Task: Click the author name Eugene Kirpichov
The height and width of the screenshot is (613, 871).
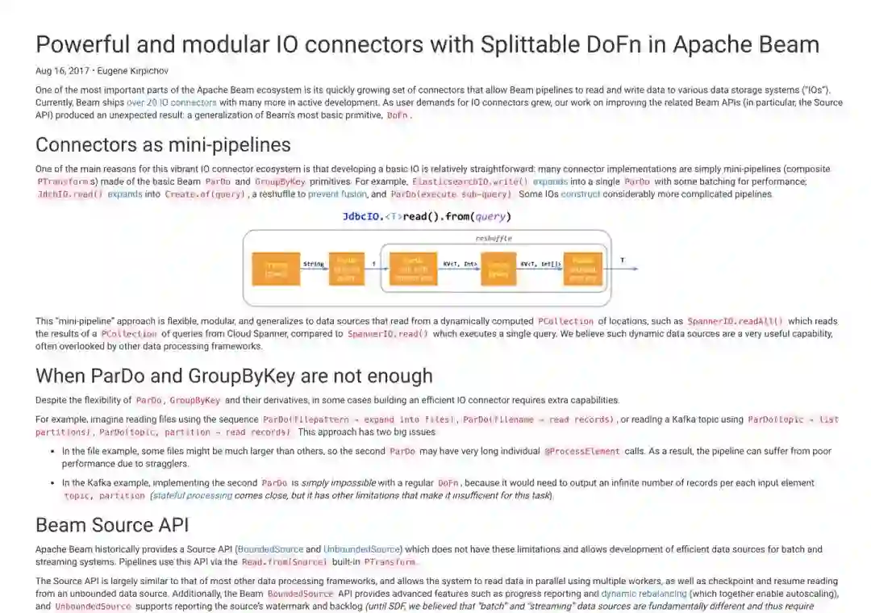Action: tap(134, 71)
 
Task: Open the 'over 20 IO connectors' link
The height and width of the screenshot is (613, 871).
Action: tap(170, 103)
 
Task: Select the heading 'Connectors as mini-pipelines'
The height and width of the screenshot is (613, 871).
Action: tap(163, 145)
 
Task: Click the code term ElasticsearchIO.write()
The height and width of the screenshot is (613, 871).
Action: tap(470, 182)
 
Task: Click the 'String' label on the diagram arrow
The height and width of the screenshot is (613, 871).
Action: tap(313, 263)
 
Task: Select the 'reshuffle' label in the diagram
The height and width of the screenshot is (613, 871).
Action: tap(493, 239)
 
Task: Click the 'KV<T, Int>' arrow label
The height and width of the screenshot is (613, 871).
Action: tap(460, 263)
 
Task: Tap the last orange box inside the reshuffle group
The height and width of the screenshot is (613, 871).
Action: tap(582, 269)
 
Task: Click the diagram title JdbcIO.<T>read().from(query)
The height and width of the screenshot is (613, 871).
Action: tap(427, 216)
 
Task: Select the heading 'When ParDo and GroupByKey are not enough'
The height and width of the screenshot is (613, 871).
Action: tap(234, 376)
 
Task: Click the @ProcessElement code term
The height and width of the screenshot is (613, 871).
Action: tap(581, 452)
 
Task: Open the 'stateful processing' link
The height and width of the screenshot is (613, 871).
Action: tap(192, 496)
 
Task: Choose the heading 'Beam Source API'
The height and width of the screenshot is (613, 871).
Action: tap(112, 525)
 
